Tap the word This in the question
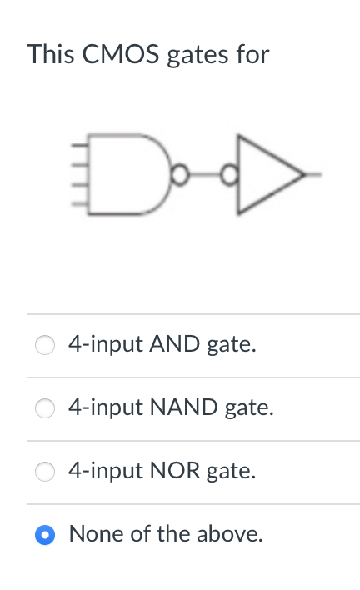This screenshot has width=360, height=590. pos(49,55)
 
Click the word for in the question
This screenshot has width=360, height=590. pos(251,55)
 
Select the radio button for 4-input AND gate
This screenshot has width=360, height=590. pos(45,344)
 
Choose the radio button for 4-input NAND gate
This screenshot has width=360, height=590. pos(45,407)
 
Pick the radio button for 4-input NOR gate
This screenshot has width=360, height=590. pos(45,471)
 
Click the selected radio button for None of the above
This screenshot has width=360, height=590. pos(45,534)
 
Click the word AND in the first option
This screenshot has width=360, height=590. pos(174,344)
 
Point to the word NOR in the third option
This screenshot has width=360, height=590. pos(175,471)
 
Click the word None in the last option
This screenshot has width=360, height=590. pos(92,533)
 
